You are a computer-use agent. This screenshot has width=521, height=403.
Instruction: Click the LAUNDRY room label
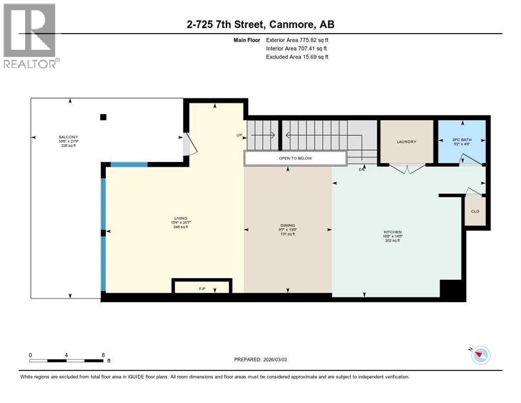(407, 142)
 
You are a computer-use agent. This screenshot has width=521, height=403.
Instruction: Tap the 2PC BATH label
(462, 140)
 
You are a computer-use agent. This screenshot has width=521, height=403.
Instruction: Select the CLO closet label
(475, 211)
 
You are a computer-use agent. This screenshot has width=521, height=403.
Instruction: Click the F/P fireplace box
(202, 288)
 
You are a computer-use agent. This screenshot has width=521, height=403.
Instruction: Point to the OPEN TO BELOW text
(295, 158)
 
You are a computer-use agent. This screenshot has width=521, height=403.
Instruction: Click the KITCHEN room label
(392, 232)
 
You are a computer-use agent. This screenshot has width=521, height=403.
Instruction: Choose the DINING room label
(287, 226)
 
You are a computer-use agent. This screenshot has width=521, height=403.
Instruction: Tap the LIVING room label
(181, 218)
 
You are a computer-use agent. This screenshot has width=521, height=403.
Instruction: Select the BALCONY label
(68, 137)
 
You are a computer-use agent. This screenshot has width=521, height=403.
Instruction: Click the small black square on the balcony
(103, 117)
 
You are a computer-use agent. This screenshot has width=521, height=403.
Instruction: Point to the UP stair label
(240, 135)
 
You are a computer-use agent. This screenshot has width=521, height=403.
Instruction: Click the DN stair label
(362, 169)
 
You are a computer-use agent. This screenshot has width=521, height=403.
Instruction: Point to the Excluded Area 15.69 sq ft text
(297, 57)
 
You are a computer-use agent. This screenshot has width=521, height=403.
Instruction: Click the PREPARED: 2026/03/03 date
(262, 359)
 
